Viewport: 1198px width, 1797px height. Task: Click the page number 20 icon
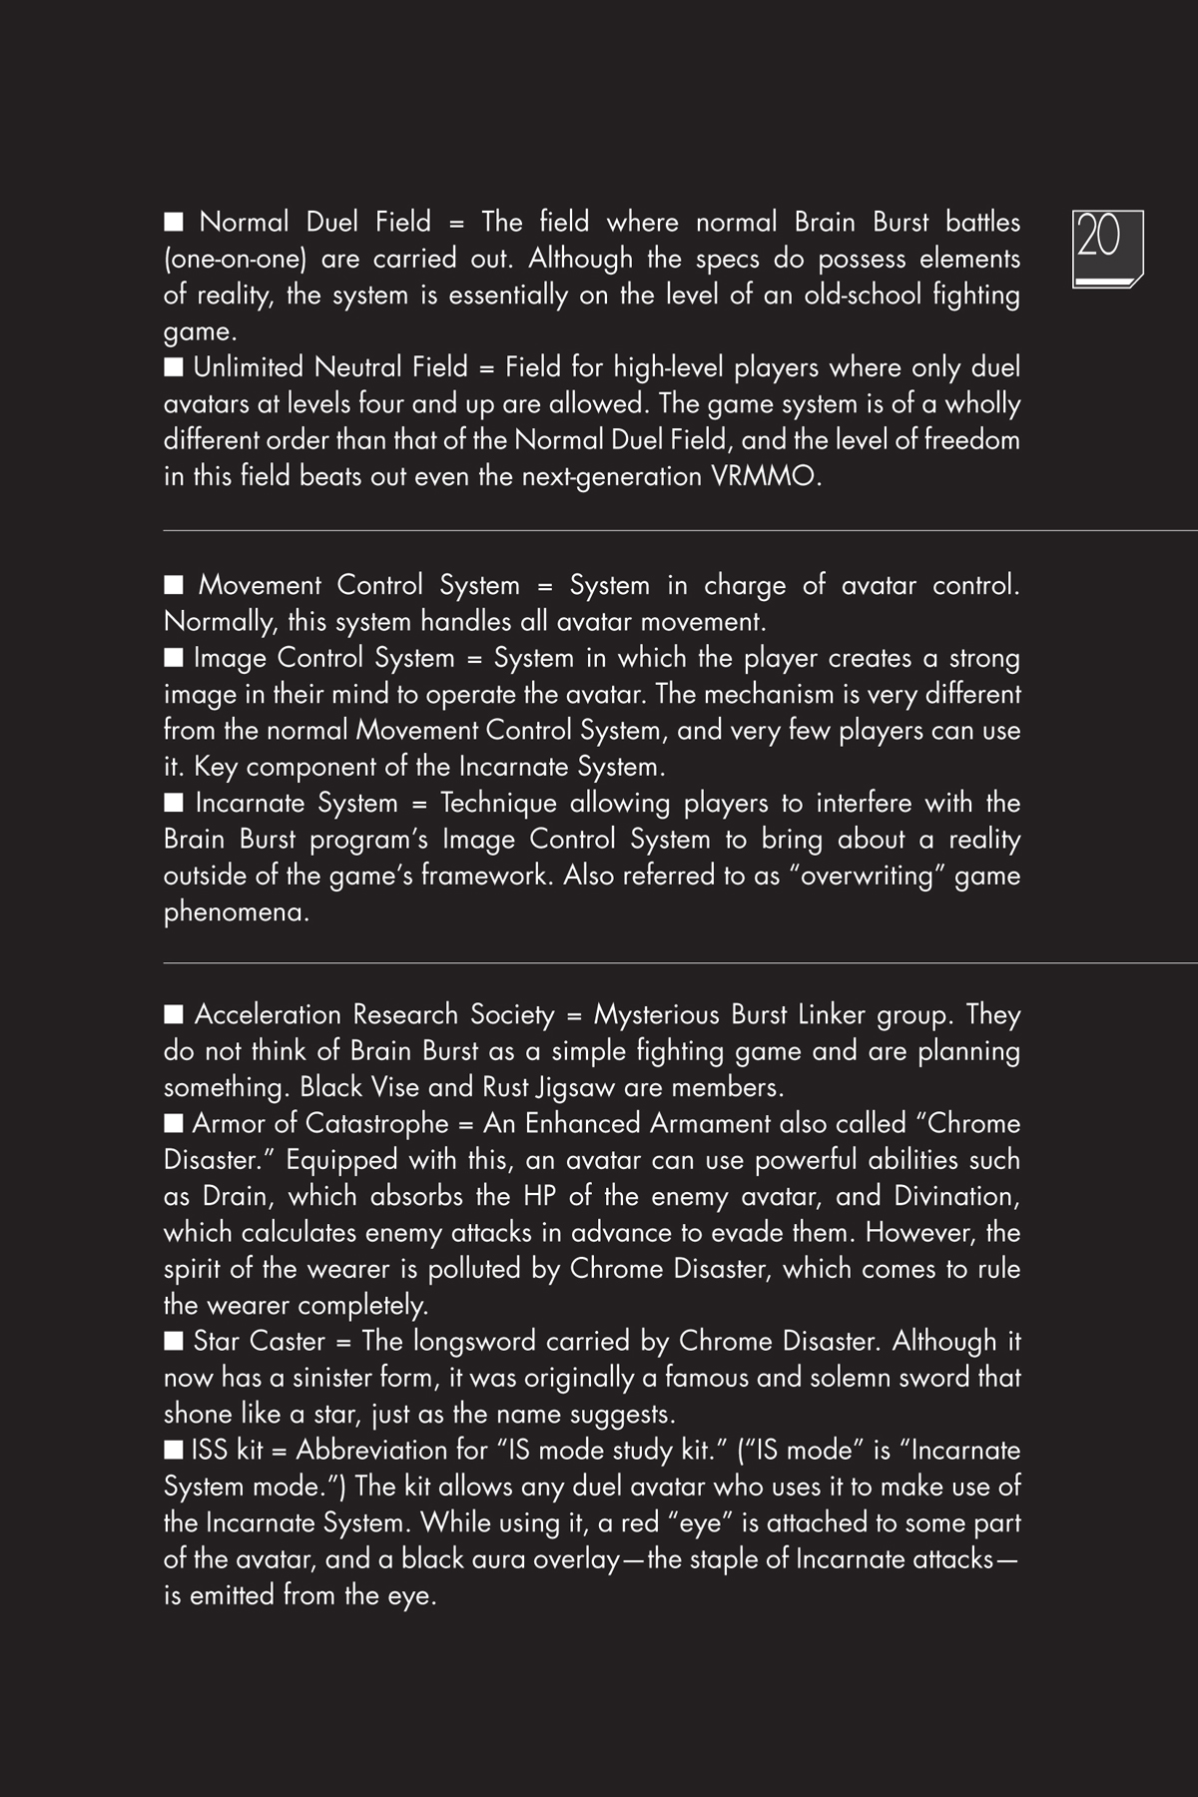1107,249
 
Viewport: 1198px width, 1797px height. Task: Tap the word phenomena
236,912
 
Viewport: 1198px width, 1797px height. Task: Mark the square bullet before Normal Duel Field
174,221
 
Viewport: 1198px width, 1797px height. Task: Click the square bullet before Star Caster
174,1340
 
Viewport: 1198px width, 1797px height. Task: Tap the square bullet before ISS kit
174,1449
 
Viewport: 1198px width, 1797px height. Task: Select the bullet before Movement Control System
174,584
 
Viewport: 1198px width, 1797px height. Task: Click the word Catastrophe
376,1124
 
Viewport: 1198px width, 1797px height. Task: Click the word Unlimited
250,367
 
